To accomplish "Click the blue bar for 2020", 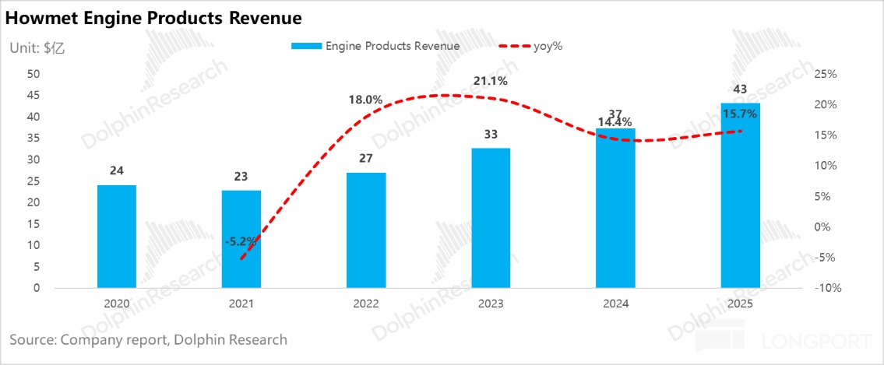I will pyautogui.click(x=117, y=237).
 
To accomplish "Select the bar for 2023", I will pyautogui.click(x=491, y=218).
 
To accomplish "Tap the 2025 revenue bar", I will pyautogui.click(x=740, y=195).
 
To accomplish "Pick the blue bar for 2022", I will pyautogui.click(x=366, y=230).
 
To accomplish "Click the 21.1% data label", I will pyautogui.click(x=491, y=81).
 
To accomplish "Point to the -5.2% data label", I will pyautogui.click(x=241, y=241).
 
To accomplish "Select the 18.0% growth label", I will pyautogui.click(x=365, y=100).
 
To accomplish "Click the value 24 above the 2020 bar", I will pyautogui.click(x=117, y=171).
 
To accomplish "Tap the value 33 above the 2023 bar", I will pyautogui.click(x=491, y=134).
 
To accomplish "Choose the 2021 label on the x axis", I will pyautogui.click(x=241, y=304).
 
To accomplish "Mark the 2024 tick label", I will pyautogui.click(x=615, y=304).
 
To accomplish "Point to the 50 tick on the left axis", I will pyautogui.click(x=33, y=74).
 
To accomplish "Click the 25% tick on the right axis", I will pyautogui.click(x=825, y=74).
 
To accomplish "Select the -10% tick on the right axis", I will pyautogui.click(x=825, y=288).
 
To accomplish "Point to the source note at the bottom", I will pyautogui.click(x=149, y=339).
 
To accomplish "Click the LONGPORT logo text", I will pyautogui.click(x=818, y=341).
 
